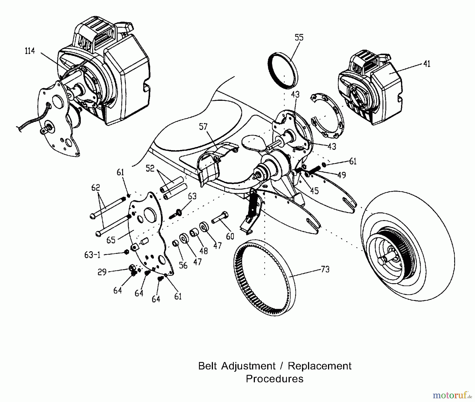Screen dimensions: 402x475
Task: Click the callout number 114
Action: tap(30, 51)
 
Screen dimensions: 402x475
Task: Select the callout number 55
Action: tap(299, 37)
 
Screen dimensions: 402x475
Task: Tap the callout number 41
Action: tap(427, 64)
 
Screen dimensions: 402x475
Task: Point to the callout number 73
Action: tap(325, 269)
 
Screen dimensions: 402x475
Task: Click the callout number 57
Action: tap(203, 127)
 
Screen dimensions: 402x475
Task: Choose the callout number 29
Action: tap(102, 272)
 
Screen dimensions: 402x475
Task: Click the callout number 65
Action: tap(111, 240)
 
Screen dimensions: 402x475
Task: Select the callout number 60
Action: tap(230, 236)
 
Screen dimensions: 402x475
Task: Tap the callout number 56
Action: tap(183, 265)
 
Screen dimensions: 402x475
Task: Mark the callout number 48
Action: tap(203, 250)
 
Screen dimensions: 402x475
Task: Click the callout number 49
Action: tap(341, 175)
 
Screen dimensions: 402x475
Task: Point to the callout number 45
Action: tap(314, 191)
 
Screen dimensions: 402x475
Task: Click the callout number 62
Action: tap(96, 188)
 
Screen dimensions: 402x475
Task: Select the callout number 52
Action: tap(150, 168)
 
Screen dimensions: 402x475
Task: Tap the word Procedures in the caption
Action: tap(274, 379)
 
